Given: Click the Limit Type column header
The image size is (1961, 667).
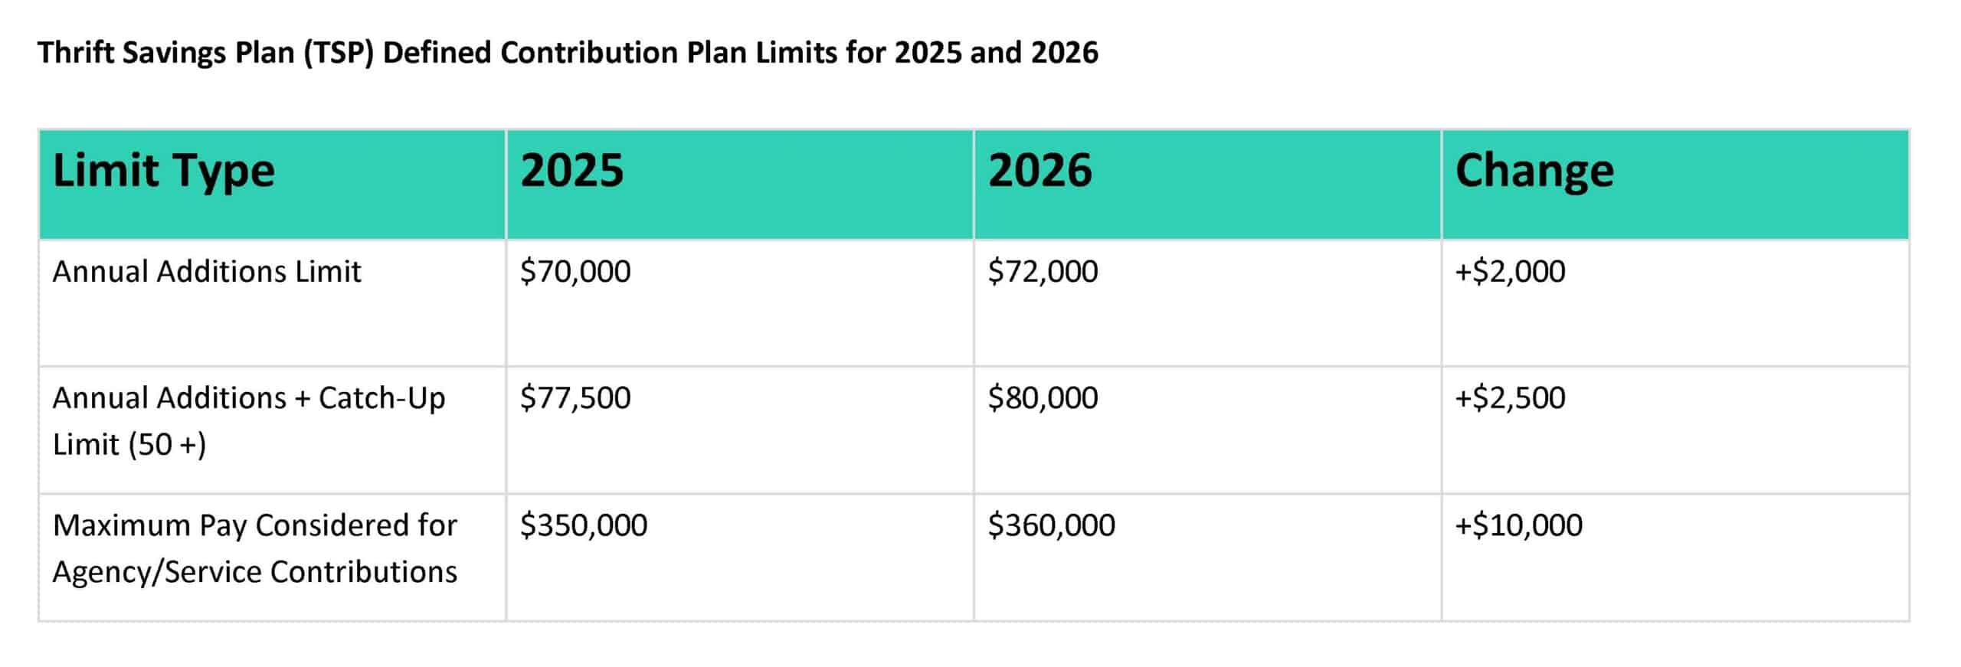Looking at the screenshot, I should coord(163,171).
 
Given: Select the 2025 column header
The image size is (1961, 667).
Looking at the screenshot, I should coord(571,170).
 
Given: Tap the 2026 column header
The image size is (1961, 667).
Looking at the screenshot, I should coord(1039,170).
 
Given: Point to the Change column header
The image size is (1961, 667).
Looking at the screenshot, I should coord(1534,171).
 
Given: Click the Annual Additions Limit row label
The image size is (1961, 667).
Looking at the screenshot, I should coord(206,272).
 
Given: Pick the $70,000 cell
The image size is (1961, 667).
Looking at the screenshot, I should coord(575,272).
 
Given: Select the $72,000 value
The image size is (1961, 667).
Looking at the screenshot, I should coord(1043,272).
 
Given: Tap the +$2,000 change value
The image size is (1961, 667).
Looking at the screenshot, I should coord(1510,272).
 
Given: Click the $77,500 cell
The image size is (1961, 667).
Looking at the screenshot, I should coord(575,398).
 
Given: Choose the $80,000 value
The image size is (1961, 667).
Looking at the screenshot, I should coord(1043,398).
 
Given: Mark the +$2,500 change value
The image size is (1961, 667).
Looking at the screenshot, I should coord(1510,398).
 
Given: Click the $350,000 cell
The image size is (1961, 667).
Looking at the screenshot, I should coord(584,525).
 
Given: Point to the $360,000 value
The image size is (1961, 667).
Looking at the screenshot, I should coord(1051,525).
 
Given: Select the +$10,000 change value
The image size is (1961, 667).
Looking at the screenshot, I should coord(1518,525).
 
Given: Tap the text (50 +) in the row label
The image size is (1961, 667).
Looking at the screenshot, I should coord(167,445).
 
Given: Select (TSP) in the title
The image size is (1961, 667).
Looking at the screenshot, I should coord(338,53).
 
